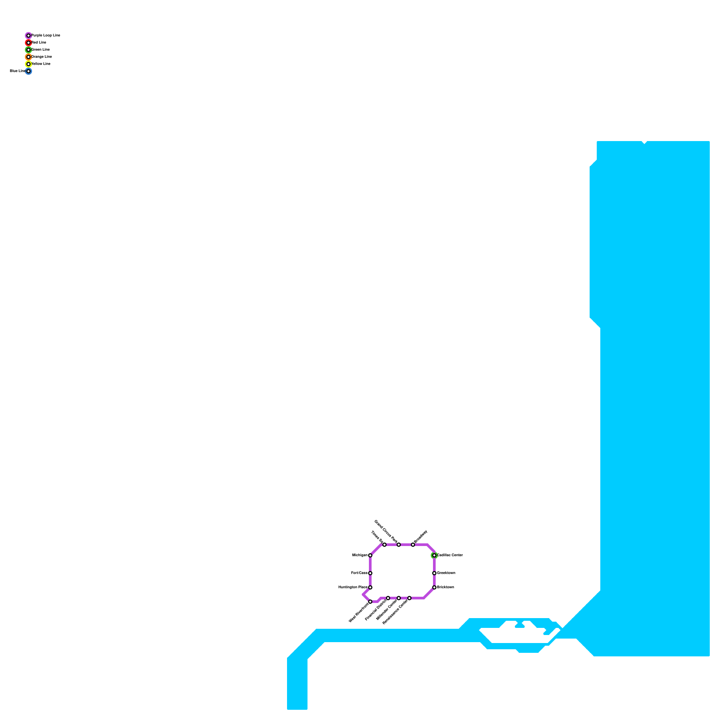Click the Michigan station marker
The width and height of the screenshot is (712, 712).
click(370, 555)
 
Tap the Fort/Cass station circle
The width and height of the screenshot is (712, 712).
click(370, 573)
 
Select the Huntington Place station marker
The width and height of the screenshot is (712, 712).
click(370, 587)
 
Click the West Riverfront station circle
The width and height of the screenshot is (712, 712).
click(370, 602)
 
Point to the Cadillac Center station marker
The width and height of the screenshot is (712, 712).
click(434, 555)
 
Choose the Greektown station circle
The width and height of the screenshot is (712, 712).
click(434, 573)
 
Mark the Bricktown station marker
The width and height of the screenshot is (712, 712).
click(434, 587)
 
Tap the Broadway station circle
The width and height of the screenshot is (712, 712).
click(413, 545)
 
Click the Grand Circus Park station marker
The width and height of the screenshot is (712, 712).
click(398, 545)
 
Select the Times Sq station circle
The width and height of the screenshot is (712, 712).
click(384, 545)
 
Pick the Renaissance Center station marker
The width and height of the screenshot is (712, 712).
click(409, 598)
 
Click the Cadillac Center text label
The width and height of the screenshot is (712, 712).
click(450, 555)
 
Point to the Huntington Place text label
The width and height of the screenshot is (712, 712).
click(352, 587)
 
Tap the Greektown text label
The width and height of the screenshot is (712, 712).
click(446, 573)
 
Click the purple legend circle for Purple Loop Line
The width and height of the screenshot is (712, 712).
click(28, 36)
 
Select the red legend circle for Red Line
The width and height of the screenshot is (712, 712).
click(28, 43)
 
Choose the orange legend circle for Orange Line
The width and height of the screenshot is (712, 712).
click(28, 57)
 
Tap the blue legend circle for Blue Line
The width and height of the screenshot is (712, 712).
click(28, 71)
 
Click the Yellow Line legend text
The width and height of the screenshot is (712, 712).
click(41, 64)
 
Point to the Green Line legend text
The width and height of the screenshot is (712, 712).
click(40, 50)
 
